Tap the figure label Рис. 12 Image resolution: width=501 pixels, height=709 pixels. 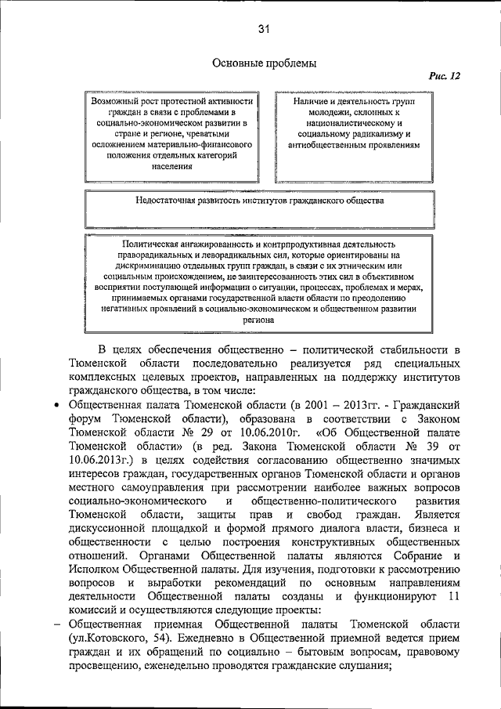(x=443, y=76)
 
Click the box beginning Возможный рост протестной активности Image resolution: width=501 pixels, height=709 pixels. (x=171, y=134)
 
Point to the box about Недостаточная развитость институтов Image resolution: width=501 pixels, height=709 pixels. (x=259, y=207)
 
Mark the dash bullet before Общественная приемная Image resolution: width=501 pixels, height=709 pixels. (x=56, y=624)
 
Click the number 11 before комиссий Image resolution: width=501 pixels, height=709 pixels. (x=446, y=597)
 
